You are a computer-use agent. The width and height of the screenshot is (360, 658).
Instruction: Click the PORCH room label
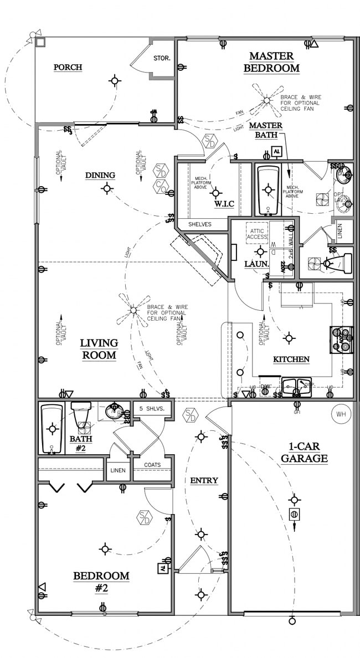[x=68, y=68]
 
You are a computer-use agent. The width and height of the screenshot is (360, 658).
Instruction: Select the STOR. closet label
[x=162, y=58]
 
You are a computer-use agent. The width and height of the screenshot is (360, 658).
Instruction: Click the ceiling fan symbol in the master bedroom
[x=266, y=100]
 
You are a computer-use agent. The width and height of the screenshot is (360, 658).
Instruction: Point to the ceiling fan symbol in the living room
[x=133, y=311]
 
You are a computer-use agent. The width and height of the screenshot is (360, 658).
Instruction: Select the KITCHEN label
[x=291, y=359]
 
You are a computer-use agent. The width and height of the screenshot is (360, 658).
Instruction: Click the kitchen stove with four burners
[x=342, y=340]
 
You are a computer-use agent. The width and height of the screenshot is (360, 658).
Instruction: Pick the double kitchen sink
[x=296, y=386]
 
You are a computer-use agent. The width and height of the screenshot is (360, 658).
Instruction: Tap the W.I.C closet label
[x=224, y=204]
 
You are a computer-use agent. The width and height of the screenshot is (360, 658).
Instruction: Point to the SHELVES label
[x=200, y=224]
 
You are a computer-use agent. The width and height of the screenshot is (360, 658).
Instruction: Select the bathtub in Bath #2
[x=52, y=429]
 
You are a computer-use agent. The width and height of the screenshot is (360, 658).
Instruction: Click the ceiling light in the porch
[x=115, y=81]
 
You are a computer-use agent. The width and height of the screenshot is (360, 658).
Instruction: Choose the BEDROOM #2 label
[x=101, y=582]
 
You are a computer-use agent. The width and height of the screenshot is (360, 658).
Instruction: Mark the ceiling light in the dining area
[x=106, y=188]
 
